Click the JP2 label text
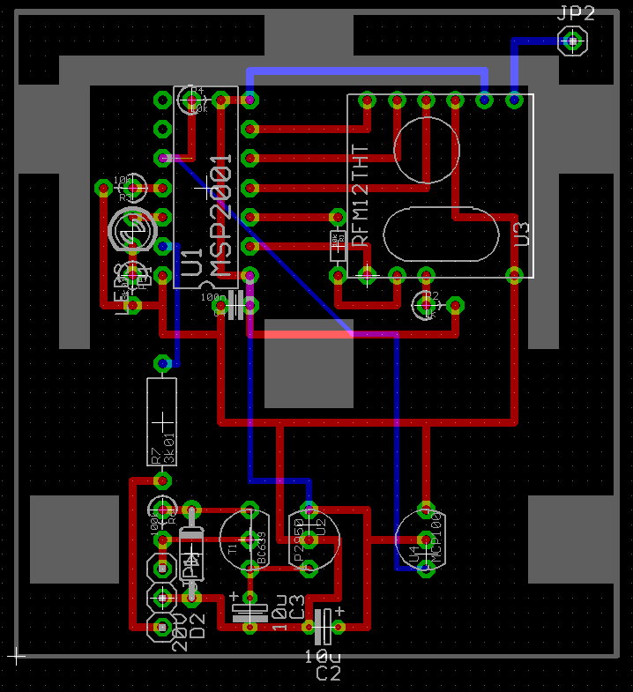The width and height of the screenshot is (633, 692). (577, 12)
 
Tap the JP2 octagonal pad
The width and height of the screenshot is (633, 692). (573, 41)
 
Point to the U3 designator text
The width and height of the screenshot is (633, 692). (522, 233)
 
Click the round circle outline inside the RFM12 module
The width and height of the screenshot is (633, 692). (426, 150)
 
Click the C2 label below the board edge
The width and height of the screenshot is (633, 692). (328, 673)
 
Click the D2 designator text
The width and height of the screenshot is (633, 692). (197, 626)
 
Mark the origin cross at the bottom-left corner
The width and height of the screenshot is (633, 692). (15, 656)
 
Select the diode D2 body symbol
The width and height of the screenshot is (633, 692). (191, 554)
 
